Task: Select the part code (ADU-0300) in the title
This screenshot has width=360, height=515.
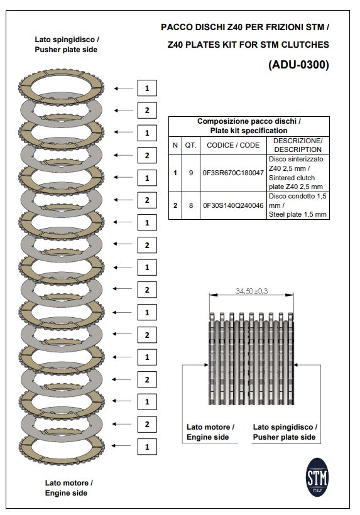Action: coord(298,65)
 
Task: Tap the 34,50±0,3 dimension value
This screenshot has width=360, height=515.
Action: coord(251,291)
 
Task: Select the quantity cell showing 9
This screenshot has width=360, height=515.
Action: coord(190,172)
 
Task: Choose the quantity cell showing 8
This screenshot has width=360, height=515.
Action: coord(190,205)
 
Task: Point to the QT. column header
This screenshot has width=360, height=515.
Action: coord(190,145)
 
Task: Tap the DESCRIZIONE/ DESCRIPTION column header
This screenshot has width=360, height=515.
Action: coord(298,145)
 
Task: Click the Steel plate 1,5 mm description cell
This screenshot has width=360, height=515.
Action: coord(298,205)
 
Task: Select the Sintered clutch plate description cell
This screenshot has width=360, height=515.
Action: coord(298,172)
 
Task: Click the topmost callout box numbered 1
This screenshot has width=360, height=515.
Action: coord(146,88)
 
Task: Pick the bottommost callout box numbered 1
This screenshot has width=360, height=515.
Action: coord(146,447)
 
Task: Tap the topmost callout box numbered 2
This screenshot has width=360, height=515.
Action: coord(146,111)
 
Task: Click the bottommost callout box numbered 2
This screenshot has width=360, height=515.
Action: coord(146,425)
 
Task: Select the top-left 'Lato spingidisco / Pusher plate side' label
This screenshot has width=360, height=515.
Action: coord(66,44)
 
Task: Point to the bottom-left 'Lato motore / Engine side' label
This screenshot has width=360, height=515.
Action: coord(68,488)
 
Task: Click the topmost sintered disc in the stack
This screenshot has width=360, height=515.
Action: coord(61,87)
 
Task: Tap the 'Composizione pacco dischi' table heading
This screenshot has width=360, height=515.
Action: coord(249,126)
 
